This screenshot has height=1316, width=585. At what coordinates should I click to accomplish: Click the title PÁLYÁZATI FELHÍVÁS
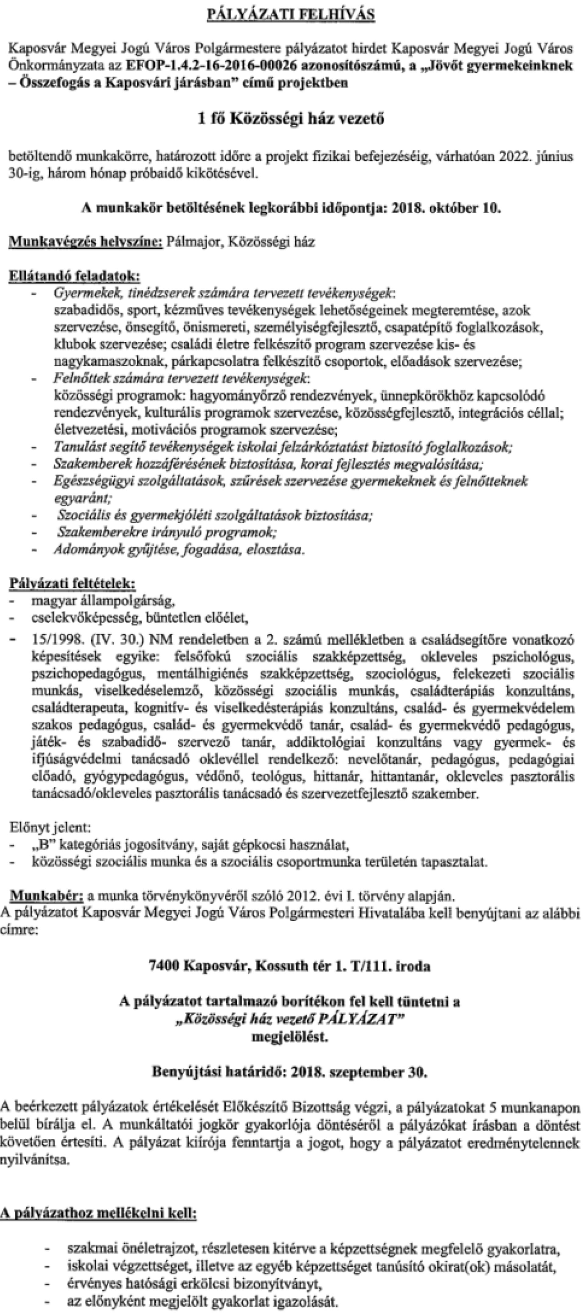click(x=291, y=15)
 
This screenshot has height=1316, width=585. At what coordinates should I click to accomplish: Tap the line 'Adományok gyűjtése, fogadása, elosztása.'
click(x=179, y=550)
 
